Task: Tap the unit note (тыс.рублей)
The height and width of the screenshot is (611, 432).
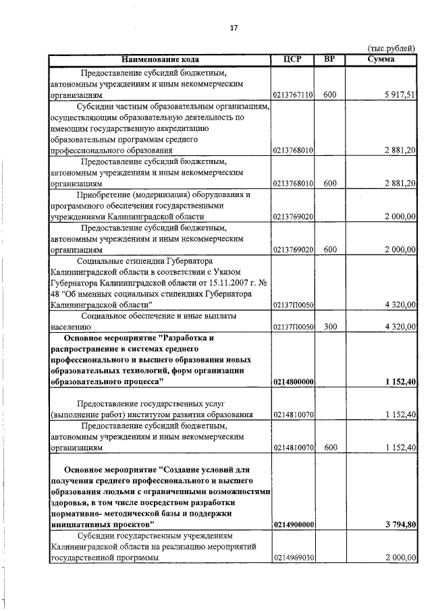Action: coord(392,49)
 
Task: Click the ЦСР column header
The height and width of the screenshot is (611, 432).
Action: coord(294,59)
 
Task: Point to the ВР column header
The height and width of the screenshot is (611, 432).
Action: coord(329,59)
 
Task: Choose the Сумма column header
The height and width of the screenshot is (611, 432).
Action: coord(381,59)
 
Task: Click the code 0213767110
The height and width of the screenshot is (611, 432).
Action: coord(294,95)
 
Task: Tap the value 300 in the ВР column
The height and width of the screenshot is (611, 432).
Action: coord(329,326)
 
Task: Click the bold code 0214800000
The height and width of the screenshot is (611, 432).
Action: coord(294,381)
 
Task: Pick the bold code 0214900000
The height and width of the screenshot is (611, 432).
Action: coord(294,523)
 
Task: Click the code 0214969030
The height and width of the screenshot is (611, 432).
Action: coord(294,558)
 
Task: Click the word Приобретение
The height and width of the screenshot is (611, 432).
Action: coord(105,194)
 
